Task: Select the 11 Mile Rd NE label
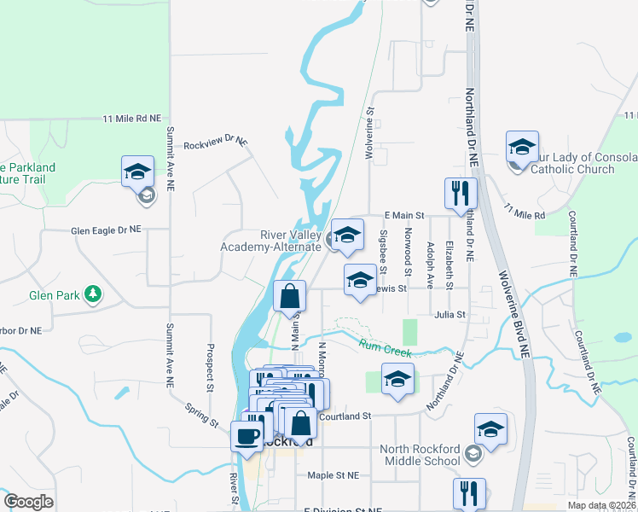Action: [131, 119]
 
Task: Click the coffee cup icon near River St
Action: [247, 436]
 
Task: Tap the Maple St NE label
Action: [333, 474]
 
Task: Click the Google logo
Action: [28, 503]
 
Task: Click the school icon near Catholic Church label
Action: [522, 147]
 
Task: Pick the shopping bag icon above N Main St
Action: [290, 296]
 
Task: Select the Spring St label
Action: [202, 410]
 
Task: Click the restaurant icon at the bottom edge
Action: [469, 493]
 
